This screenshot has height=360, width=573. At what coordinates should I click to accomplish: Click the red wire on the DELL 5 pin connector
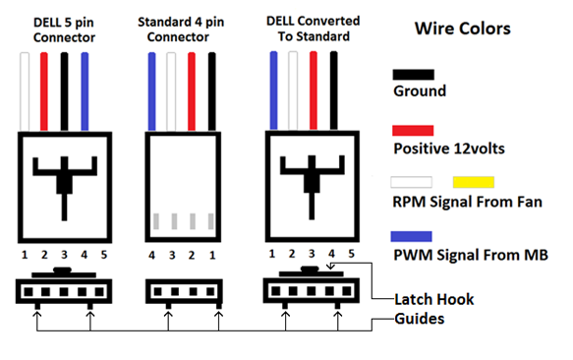point(44,91)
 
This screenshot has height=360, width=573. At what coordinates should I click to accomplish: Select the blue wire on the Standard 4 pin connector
point(151,91)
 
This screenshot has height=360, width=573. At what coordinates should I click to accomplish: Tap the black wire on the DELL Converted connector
point(333,90)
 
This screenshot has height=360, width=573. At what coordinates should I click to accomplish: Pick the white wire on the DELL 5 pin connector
point(25,91)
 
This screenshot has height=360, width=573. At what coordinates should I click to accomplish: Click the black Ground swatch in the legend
point(414,75)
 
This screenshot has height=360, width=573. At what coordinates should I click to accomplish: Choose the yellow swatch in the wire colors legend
point(474,182)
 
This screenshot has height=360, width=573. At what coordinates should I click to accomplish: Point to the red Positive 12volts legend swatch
point(413,131)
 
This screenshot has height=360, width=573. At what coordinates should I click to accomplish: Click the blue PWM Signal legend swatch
point(411,236)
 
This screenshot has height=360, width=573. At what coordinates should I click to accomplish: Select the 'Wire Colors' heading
point(462,29)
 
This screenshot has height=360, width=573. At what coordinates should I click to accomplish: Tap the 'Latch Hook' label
point(434,300)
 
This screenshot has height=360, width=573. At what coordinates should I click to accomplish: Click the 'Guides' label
point(420,319)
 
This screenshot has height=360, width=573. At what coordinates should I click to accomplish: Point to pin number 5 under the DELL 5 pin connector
point(104,255)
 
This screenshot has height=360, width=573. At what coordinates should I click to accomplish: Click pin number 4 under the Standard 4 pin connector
point(151,256)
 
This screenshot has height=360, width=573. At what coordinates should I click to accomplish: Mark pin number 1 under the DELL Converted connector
point(271,254)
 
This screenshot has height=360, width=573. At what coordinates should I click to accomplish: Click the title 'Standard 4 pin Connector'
point(181,30)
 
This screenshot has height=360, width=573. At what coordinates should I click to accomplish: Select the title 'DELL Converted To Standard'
point(314,29)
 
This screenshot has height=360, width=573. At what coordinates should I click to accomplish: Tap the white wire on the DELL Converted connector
point(293,90)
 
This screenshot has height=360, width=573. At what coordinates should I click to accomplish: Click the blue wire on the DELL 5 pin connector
point(85,91)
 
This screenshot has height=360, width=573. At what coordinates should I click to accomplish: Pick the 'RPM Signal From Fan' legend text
point(467,202)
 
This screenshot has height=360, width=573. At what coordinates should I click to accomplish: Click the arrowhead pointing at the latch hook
point(330,266)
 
